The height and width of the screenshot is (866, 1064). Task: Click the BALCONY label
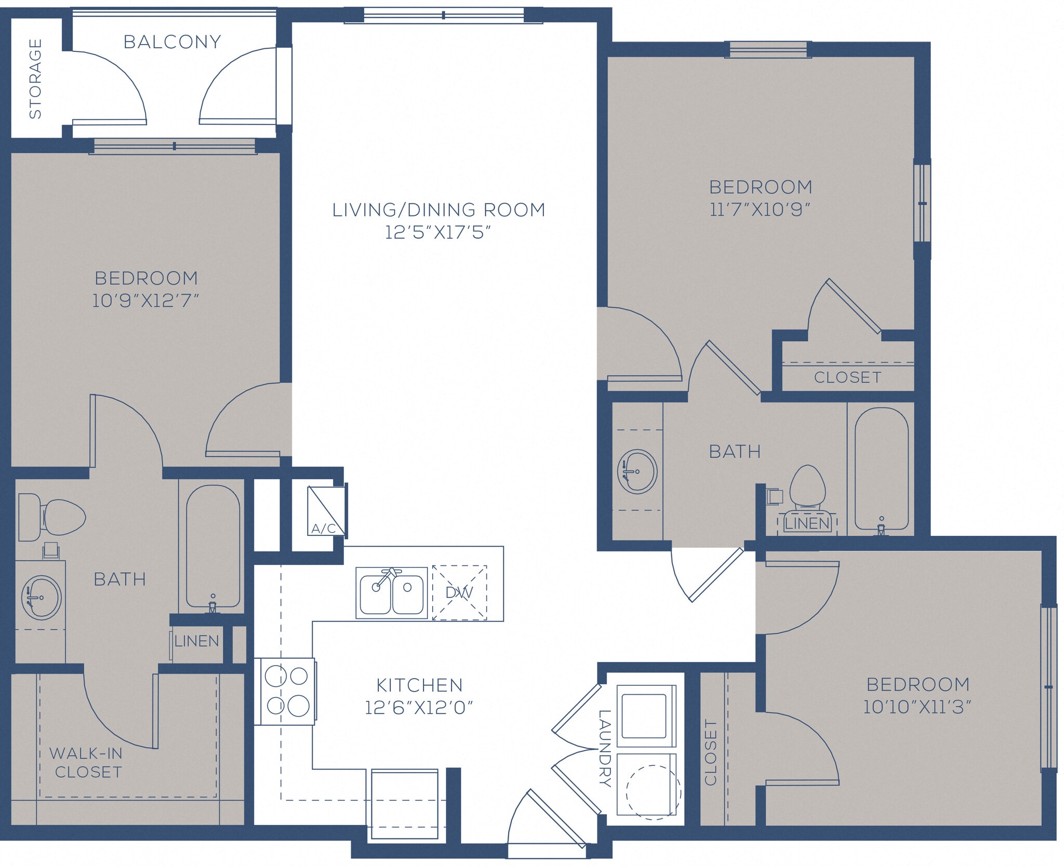172,42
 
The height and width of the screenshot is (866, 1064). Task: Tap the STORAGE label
35,79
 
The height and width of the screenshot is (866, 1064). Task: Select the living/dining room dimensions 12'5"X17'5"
437,232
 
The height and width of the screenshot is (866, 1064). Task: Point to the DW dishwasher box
459,592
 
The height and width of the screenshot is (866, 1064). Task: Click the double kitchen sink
391,592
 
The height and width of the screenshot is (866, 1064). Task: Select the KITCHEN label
419,685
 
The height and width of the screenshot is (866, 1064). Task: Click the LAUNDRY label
605,748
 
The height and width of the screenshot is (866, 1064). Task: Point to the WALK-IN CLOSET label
87,763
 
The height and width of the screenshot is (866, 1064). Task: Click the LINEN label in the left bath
196,641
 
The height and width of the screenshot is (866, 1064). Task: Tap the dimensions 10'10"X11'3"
917,707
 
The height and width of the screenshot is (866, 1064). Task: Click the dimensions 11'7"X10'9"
760,210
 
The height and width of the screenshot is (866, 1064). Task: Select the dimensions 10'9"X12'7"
145,301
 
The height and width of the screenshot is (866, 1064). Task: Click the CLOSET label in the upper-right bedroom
847,377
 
